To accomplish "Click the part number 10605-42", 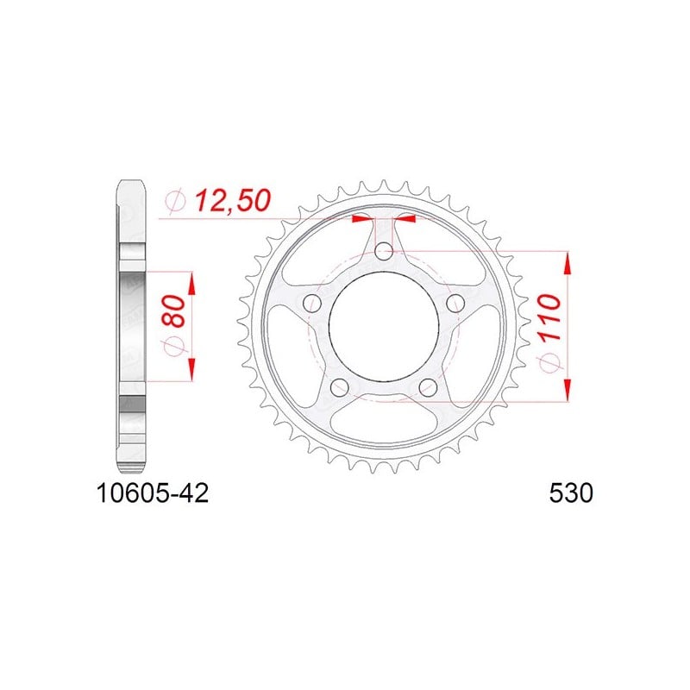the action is click(x=153, y=493).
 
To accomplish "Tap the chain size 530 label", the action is click(x=571, y=493).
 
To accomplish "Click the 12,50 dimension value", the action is click(x=233, y=201).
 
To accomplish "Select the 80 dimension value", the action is click(x=174, y=311).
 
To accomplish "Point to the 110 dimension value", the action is click(x=549, y=317).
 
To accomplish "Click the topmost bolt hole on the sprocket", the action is click(x=384, y=252).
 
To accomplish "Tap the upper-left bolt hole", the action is click(x=312, y=304).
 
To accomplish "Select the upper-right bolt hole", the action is click(x=455, y=304).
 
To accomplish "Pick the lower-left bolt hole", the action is click(x=339, y=387).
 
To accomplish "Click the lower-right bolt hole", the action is click(x=428, y=387).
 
